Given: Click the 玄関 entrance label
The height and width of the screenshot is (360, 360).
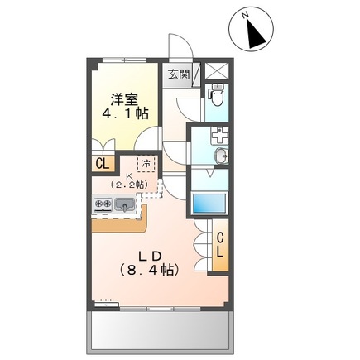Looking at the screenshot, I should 179,74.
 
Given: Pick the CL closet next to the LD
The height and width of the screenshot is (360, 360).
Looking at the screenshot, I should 221,246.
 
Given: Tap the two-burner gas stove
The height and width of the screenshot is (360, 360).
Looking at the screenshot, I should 103,204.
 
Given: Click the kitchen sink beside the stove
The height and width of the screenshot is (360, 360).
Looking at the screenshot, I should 126,204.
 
